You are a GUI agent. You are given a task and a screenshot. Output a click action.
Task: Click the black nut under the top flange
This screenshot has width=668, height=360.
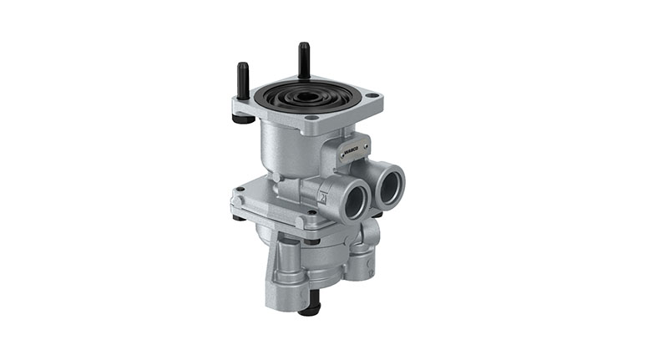coord(243,119)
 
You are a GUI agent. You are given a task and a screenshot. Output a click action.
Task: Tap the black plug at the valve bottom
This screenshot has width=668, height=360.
coord(308,309)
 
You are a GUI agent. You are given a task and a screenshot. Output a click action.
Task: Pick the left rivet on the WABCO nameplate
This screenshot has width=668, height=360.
coord(343,155)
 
